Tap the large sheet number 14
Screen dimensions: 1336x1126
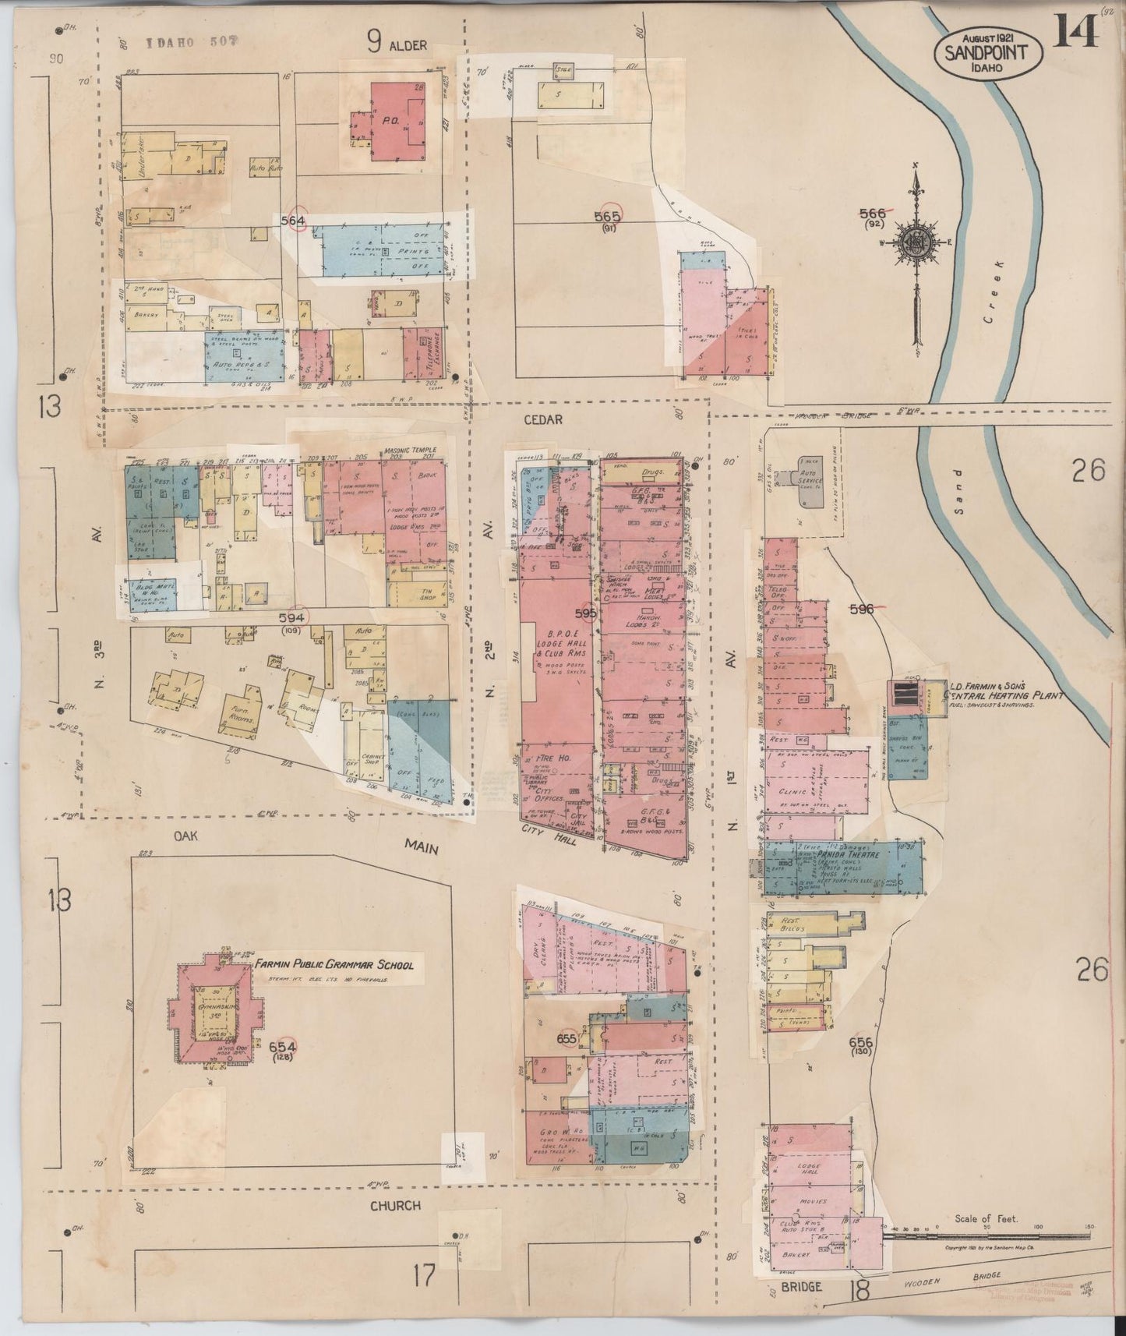tap(1076, 33)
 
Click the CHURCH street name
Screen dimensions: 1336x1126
tap(395, 1206)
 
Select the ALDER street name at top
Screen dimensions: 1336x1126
tap(409, 46)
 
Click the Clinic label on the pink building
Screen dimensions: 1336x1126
tap(793, 791)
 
